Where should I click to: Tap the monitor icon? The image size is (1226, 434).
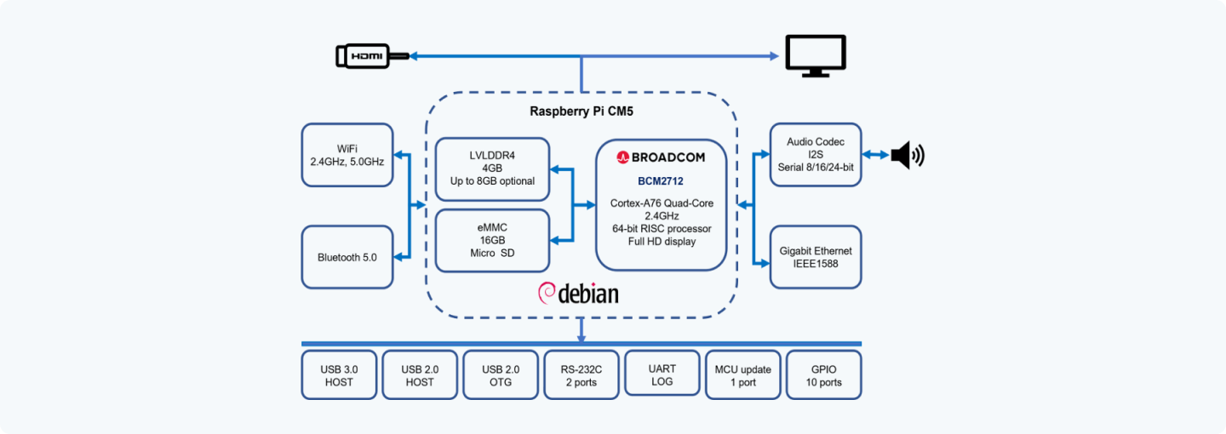point(814,55)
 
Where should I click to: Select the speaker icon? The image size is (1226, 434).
point(907,156)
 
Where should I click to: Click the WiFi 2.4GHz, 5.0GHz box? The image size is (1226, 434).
point(347,155)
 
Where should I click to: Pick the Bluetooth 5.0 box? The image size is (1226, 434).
point(347,256)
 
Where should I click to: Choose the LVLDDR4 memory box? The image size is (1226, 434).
point(492,169)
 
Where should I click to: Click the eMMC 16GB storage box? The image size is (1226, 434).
point(492,240)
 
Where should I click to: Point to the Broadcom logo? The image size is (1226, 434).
point(661,157)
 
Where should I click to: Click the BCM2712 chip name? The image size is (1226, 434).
point(661,181)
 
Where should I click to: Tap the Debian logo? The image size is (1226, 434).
point(578,294)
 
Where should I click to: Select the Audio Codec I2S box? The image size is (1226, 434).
point(816,155)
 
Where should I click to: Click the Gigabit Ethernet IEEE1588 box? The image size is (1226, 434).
point(816,256)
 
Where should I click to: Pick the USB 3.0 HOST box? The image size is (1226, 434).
point(339,375)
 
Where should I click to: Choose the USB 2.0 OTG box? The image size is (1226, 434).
point(501,375)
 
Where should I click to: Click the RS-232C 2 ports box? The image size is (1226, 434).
point(581,375)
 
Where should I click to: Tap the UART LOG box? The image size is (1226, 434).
point(662,375)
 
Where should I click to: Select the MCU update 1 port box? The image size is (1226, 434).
point(742,375)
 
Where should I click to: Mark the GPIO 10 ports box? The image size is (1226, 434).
point(823,375)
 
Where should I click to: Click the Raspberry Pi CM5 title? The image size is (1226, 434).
point(581,111)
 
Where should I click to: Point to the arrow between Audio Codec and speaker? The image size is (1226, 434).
point(875,155)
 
